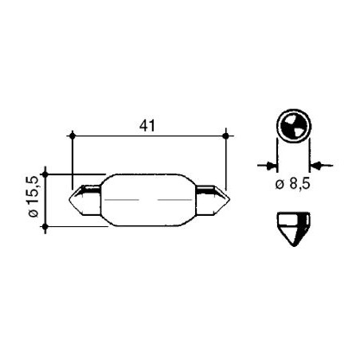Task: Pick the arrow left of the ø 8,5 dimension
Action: coord(268,165)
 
